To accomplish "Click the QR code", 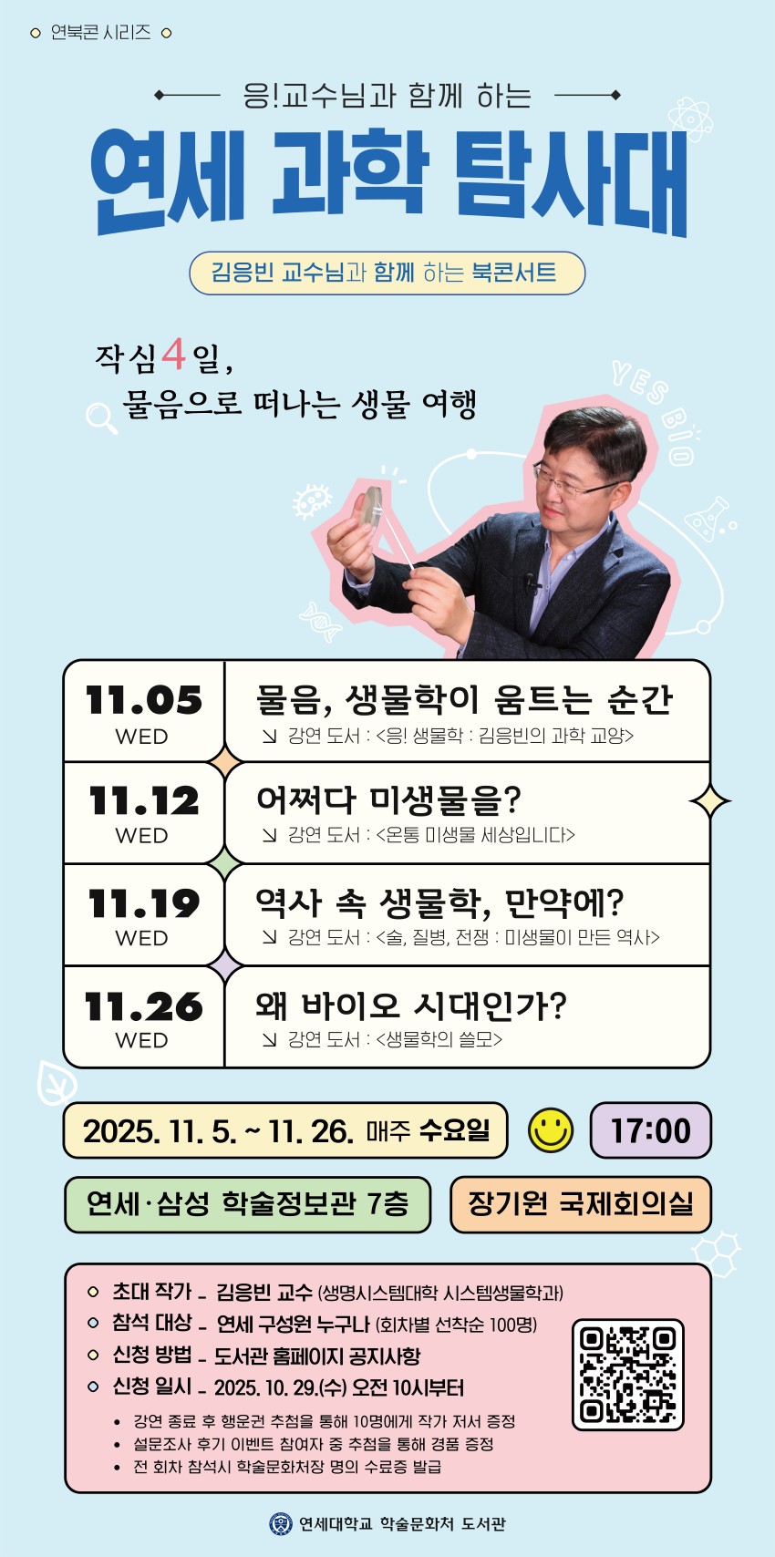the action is click(627, 1374).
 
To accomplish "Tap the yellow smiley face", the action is click(551, 1130).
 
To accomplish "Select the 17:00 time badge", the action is click(651, 1130).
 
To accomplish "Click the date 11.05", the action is click(144, 700).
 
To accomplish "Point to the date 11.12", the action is click(144, 800).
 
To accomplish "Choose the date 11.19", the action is click(144, 903).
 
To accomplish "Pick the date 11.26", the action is click(144, 1006).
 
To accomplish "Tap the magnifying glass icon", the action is click(101, 418).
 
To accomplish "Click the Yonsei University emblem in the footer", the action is click(281, 1523).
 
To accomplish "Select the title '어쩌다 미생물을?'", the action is click(388, 800).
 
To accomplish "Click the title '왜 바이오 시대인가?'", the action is click(411, 1005).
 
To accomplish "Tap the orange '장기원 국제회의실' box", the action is click(581, 1204).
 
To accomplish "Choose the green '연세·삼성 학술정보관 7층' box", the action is click(247, 1204).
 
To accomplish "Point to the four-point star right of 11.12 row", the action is click(709, 801).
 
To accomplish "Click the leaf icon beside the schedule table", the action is click(57, 1083).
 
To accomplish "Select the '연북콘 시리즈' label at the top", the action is click(101, 33).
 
